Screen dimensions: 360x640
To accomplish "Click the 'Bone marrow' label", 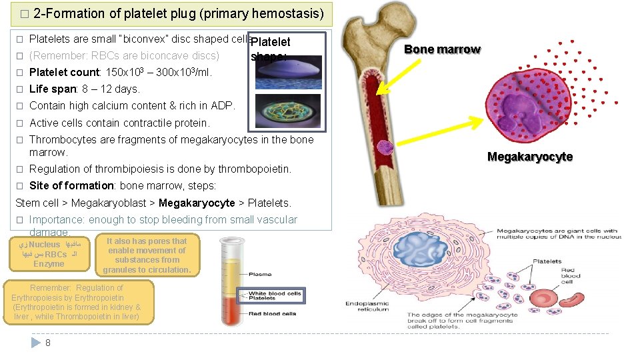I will [442, 49].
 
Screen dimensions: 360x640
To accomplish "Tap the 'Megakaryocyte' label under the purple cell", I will [530, 157].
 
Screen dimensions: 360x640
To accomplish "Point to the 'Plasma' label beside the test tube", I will [259, 275].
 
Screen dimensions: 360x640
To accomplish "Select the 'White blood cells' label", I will [274, 294].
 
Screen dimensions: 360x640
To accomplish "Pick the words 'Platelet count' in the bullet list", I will [65, 72].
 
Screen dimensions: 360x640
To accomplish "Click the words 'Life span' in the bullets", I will [51, 89].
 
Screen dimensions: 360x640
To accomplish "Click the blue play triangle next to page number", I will [36, 343].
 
